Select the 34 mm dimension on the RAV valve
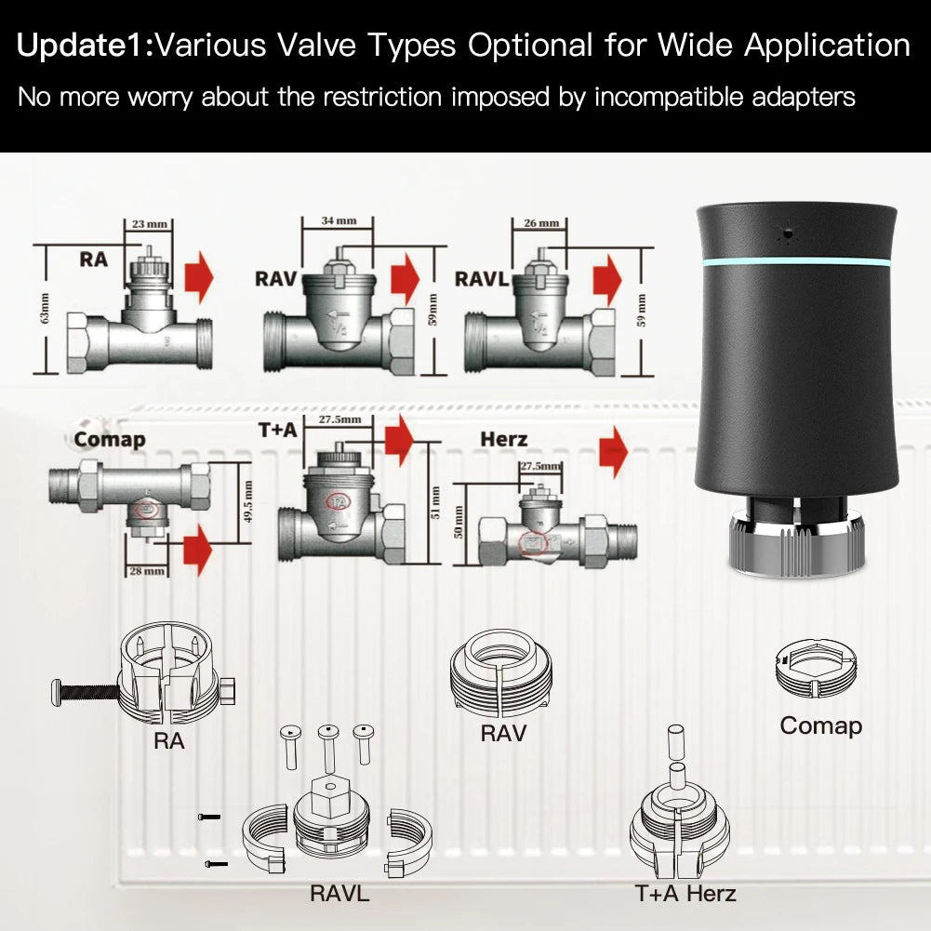point(339,221)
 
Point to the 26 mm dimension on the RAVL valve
point(541,223)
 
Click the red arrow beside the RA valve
point(199,277)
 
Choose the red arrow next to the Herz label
point(613,452)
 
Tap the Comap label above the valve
point(110,440)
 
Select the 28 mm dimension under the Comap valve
point(147,570)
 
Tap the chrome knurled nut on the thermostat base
point(794,554)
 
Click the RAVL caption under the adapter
point(339,894)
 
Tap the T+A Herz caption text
point(685,894)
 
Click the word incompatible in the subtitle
point(659,97)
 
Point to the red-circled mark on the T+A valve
point(338,501)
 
